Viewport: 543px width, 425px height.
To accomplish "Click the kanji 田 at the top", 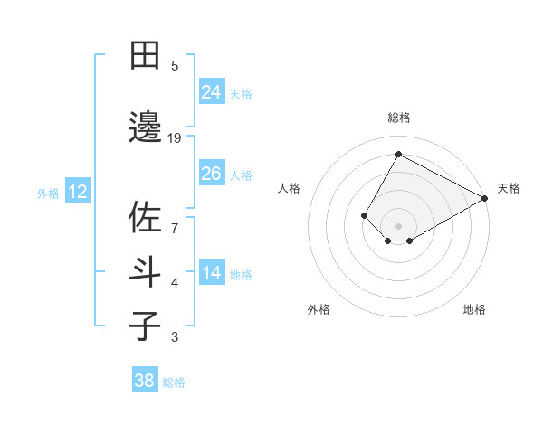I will click(145, 55).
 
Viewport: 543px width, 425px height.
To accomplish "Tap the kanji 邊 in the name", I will click(145, 127).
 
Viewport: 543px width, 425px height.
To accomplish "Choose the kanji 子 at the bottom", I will click(145, 326).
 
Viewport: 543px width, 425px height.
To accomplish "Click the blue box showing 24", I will click(212, 91).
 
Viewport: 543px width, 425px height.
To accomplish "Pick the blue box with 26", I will click(212, 173).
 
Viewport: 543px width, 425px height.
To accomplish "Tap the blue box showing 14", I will click(212, 273).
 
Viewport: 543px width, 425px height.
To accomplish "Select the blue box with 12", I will click(77, 192).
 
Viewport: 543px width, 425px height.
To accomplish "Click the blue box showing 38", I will click(145, 381).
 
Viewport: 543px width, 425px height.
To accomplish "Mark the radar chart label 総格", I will click(398, 118).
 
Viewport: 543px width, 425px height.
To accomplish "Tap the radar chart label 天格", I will click(509, 188).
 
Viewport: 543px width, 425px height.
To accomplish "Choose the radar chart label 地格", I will click(474, 309).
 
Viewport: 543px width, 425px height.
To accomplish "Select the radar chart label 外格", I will click(319, 309).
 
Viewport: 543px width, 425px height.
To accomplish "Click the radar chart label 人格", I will click(289, 188).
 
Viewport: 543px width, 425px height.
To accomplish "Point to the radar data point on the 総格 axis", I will click(398, 154).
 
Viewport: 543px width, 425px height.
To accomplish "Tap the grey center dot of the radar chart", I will click(398, 225).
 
